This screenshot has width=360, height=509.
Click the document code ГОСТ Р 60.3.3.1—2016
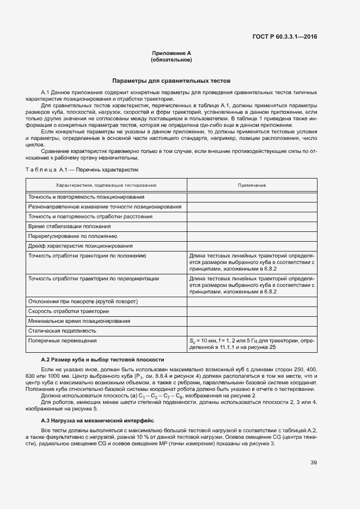(x=285, y=37)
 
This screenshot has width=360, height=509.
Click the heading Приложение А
(x=172, y=53)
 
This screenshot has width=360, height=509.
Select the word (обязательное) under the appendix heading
(x=172, y=59)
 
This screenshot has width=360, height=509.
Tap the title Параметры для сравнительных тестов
(x=172, y=80)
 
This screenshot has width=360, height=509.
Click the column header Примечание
(x=251, y=186)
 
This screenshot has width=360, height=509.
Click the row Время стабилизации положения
(x=70, y=226)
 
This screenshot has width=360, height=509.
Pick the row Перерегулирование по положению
(x=73, y=236)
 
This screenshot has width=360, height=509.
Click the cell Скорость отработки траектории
(x=69, y=311)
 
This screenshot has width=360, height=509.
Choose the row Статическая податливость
(x=63, y=331)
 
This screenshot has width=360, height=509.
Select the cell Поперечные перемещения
(x=63, y=341)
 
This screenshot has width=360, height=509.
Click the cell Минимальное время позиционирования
(x=80, y=321)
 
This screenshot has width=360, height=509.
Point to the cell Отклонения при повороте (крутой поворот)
(x=83, y=302)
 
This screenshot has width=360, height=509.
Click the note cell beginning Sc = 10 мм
(x=251, y=344)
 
